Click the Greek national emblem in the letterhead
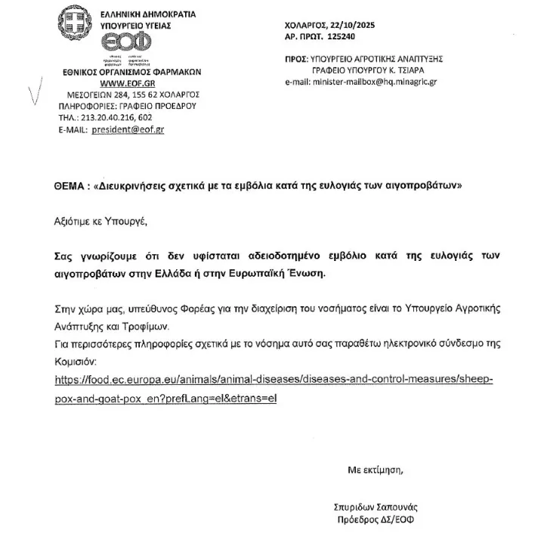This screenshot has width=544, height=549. (75, 21)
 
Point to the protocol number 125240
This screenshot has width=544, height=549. (340, 36)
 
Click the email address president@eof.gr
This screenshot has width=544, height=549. (128, 130)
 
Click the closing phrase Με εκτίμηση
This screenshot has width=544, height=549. (376, 470)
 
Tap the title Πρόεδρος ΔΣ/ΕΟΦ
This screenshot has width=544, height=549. (376, 520)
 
